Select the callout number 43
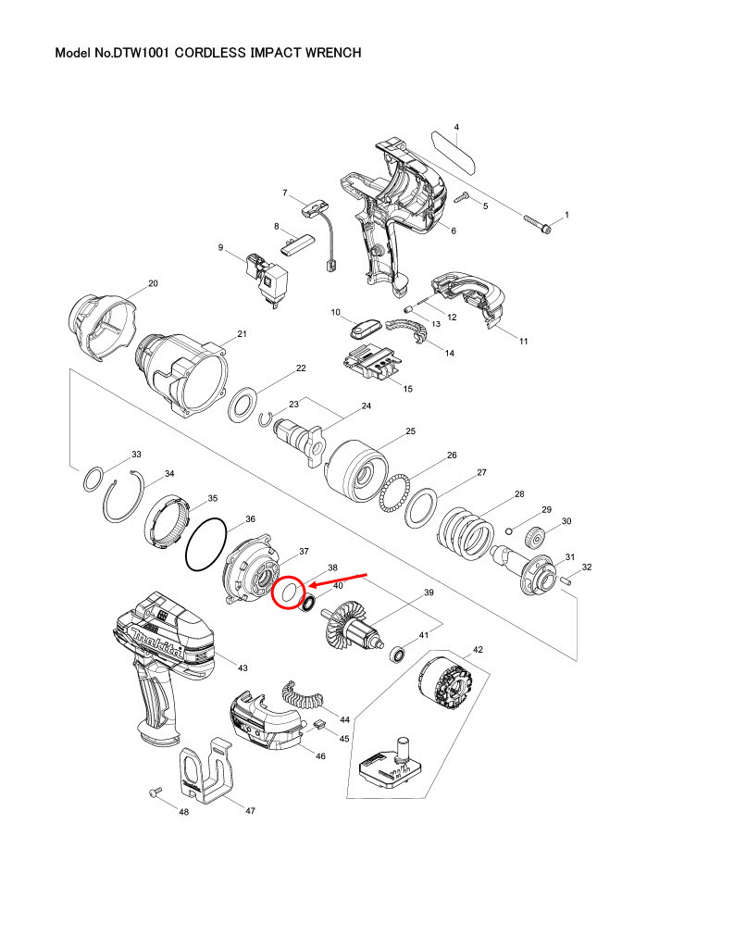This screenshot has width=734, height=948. click(243, 667)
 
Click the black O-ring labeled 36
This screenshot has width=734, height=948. click(205, 543)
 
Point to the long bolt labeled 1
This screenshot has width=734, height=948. click(538, 223)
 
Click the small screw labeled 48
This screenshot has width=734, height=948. click(154, 793)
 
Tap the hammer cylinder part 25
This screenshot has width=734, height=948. click(355, 468)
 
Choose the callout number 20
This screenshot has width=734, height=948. click(154, 283)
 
